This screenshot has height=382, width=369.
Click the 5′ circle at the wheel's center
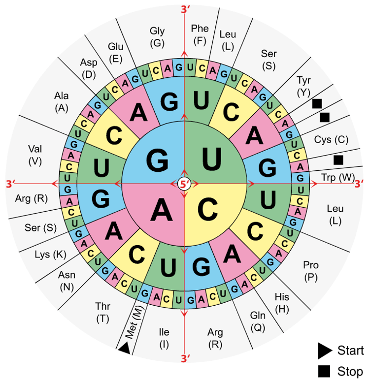click(184, 184)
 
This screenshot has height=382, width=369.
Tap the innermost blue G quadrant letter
click(157, 160)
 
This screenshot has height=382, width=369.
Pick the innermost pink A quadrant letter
click(161, 209)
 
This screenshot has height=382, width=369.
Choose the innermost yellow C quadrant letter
click(207, 209)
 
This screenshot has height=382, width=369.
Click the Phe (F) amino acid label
click(200, 35)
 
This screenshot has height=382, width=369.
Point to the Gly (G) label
click(157, 37)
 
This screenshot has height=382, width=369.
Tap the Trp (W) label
click(338, 177)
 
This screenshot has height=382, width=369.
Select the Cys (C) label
click(331, 140)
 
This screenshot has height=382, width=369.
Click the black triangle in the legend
click(325, 350)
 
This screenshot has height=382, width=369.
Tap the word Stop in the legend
click(350, 372)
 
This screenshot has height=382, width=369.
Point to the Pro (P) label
click(311, 271)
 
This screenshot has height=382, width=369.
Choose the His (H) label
click(282, 303)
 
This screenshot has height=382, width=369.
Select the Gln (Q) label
click(258, 321)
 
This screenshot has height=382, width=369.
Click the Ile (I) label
click(164, 338)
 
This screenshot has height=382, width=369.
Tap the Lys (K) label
click(50, 255)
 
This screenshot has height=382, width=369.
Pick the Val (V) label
click(35, 155)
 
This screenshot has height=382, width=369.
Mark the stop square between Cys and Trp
click(338, 160)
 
